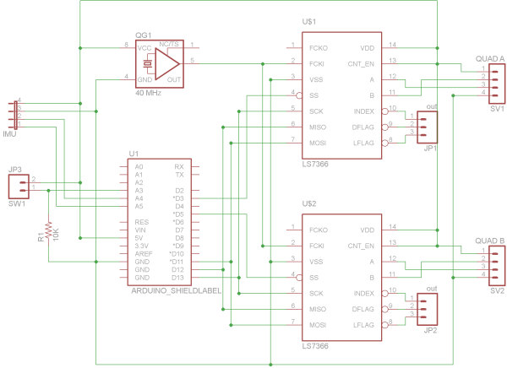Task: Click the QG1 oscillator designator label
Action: (143, 35)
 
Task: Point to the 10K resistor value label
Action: (56, 233)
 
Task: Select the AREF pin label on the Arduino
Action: (143, 253)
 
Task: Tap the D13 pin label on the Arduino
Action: (178, 277)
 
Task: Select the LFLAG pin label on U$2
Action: (363, 325)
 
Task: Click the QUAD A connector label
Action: (490, 58)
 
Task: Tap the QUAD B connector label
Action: (490, 241)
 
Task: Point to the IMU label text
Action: (9, 134)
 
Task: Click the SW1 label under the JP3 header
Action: (18, 203)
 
